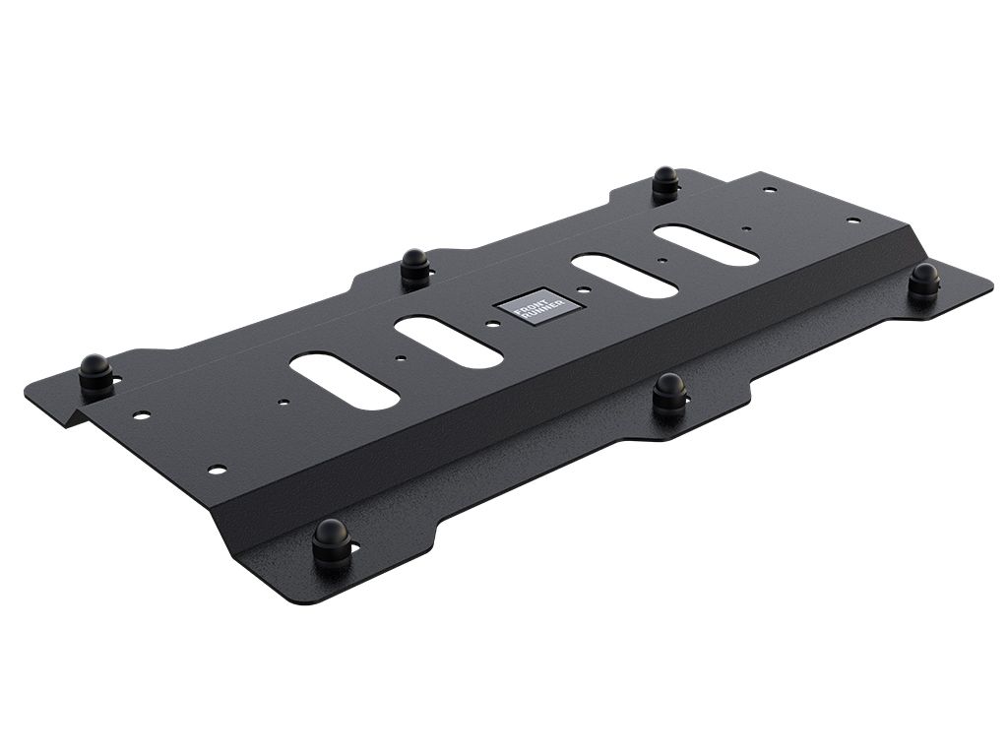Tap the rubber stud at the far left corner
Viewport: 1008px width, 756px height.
(x=95, y=372)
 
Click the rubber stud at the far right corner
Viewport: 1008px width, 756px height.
(x=923, y=282)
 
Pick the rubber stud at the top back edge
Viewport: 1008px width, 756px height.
(x=665, y=183)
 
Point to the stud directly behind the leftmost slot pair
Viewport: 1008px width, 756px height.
(x=415, y=267)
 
